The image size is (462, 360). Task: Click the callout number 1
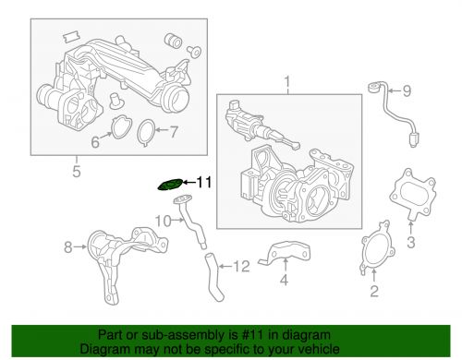point(286,86)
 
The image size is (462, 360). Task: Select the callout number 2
point(373,293)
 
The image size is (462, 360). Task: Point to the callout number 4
point(285,280)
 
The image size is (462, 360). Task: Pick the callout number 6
point(93,142)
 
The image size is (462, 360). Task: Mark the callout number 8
point(67,246)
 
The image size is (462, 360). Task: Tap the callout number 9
point(404,90)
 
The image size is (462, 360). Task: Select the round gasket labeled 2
point(374,252)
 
